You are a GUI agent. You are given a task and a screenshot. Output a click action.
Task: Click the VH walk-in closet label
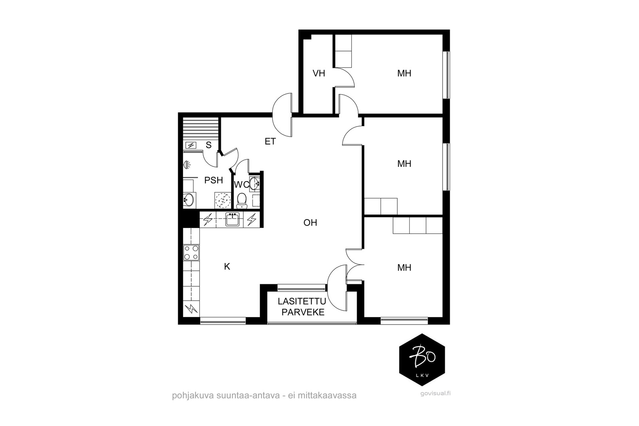pyautogui.click(x=319, y=73)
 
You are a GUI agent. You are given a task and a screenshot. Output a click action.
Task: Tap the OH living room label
pyautogui.click(x=310, y=223)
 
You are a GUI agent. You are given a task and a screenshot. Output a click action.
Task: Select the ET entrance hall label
pyautogui.click(x=270, y=141)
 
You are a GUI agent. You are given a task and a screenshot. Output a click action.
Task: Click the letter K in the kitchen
pyautogui.click(x=227, y=266)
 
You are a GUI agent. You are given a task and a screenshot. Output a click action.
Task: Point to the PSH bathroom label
pyautogui.click(x=214, y=180)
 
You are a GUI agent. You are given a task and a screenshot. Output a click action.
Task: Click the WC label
pyautogui.click(x=242, y=184)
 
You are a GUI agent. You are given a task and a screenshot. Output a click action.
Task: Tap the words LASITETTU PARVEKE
pyautogui.click(x=303, y=306)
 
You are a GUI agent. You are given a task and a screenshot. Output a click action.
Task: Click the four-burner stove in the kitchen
pyautogui.click(x=191, y=253)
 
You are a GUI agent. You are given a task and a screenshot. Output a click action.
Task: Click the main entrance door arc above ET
pyautogui.click(x=283, y=109)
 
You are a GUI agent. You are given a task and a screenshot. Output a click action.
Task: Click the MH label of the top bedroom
pyautogui.click(x=404, y=73)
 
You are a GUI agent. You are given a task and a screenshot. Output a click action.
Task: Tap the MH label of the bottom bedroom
pyautogui.click(x=404, y=268)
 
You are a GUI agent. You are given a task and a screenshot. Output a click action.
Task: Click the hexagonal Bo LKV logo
pyautogui.click(x=423, y=360)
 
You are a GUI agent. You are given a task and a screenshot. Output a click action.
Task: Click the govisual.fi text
pyautogui.click(x=434, y=394)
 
